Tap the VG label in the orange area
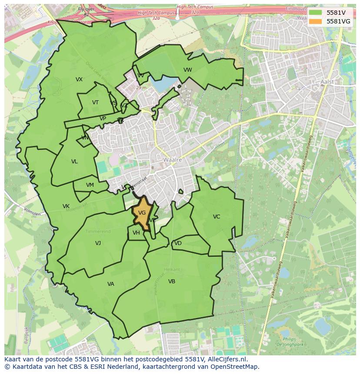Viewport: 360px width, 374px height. click(142, 212)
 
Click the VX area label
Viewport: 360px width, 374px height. click(79, 79)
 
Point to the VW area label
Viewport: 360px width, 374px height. click(187, 70)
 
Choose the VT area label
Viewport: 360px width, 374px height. click(95, 103)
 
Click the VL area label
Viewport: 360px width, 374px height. click(74, 162)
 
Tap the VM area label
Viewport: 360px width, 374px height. click(90, 185)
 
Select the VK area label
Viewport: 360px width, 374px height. click(66, 206)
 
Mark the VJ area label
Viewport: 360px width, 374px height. click(98, 243)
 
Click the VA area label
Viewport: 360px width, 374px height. click(110, 284)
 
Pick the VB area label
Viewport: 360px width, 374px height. click(172, 281)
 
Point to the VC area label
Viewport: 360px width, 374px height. click(217, 217)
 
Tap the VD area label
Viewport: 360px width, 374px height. click(178, 243)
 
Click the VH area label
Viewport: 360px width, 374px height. click(136, 233)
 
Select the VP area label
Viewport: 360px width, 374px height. click(103, 119)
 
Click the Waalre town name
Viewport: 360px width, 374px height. click(172, 160)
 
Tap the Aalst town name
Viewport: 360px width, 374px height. click(327, 82)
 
